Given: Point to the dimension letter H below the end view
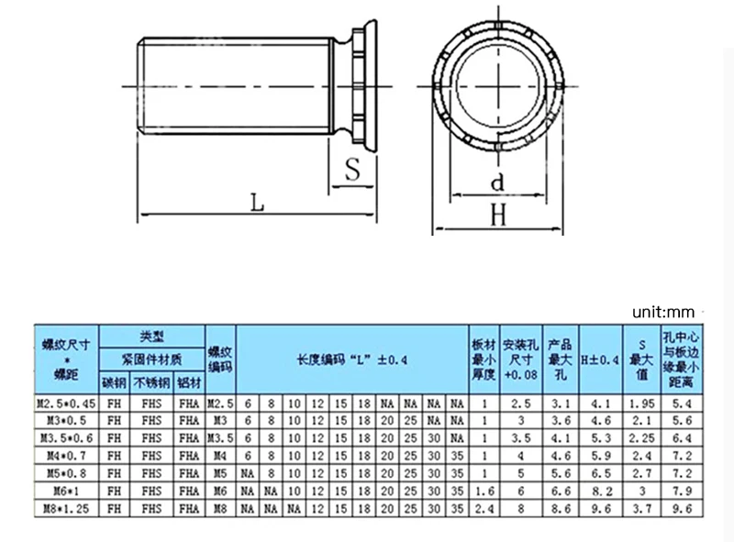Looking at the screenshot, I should (499, 215).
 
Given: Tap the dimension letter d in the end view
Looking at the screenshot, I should (497, 183).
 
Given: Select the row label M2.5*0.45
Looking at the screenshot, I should (65, 403).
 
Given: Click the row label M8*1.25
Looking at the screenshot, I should (65, 507).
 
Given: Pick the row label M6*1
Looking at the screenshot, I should (65, 490).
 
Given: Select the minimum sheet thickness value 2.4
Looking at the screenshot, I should (484, 507).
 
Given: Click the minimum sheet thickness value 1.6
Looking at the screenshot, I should (484, 490).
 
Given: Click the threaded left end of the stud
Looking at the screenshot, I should (147, 87).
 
